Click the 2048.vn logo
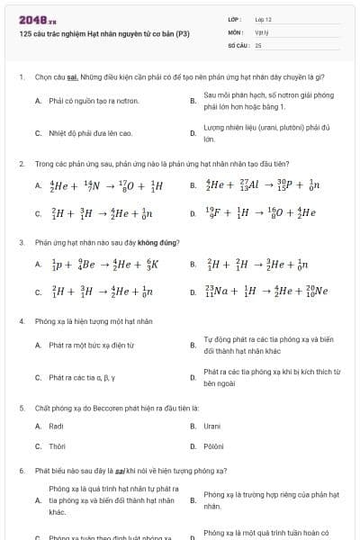pos(38,20)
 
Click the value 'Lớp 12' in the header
pos(263,18)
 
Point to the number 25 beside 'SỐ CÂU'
pos(258,44)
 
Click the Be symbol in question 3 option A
pos(88,265)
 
